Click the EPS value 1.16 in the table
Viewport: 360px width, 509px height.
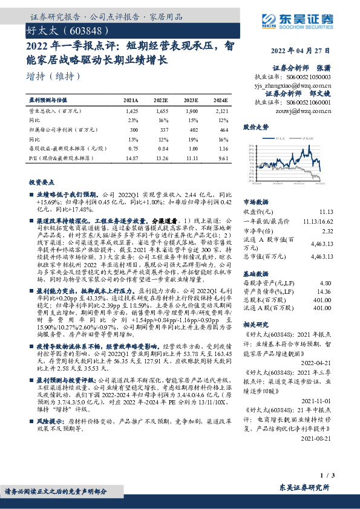223,148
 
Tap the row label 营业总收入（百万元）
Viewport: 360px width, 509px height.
55,112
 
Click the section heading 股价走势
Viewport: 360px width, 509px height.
255,128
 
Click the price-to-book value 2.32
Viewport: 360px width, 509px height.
327,230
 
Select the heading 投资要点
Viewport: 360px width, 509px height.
41,181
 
